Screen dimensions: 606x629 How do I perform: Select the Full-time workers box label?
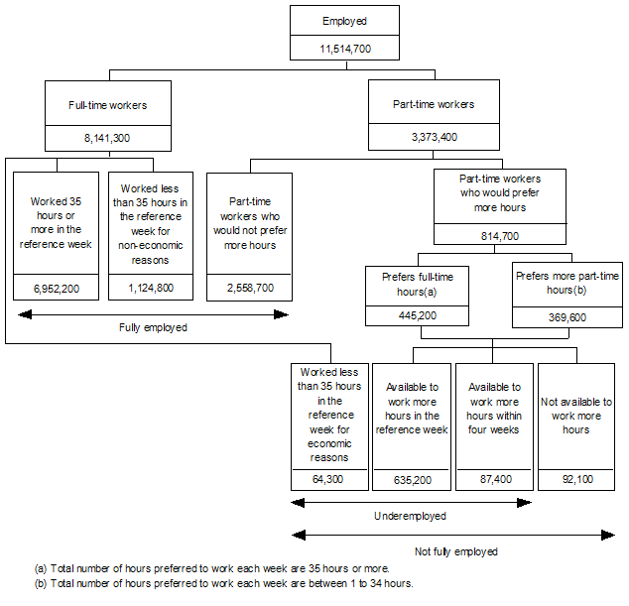pos(109,104)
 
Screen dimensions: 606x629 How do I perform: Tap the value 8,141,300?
pos(109,138)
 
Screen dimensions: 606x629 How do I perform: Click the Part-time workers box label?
pos(434,104)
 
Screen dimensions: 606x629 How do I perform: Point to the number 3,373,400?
pos(434,138)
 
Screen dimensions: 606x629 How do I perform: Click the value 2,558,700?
pos(249,288)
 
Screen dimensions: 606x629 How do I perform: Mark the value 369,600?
pos(567,315)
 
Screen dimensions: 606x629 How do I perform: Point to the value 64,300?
pos(329,479)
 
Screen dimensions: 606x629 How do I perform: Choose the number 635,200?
pos(411,479)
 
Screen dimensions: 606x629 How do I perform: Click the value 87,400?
pos(494,479)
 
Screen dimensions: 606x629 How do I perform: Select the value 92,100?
pos(575,479)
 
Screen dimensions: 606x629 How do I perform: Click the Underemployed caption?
pos(411,516)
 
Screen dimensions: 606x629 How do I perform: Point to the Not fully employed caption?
pos(455,550)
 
